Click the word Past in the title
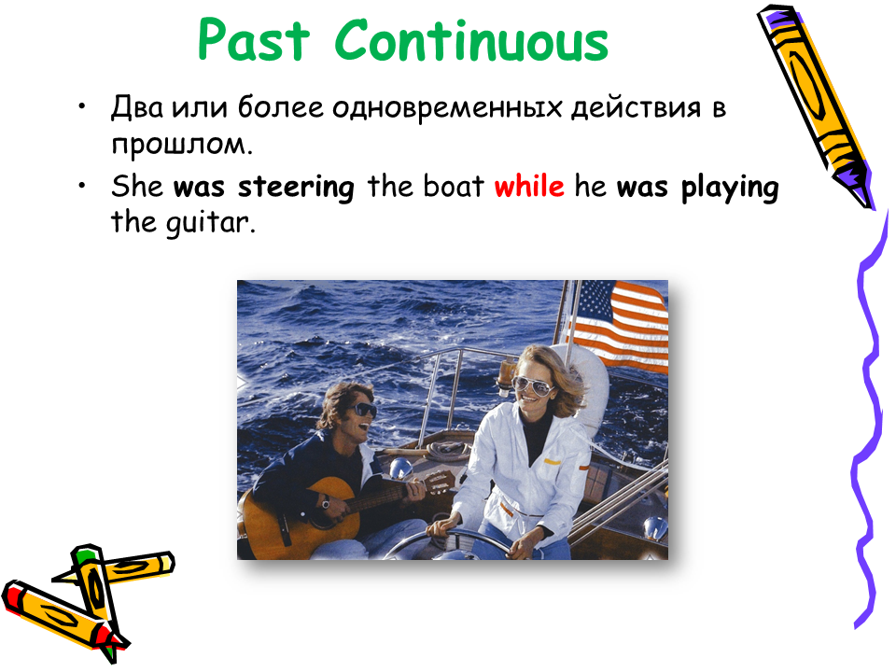(x=254, y=40)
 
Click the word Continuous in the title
(x=471, y=40)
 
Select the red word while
(x=529, y=186)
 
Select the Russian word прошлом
(x=182, y=145)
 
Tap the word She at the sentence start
(x=137, y=186)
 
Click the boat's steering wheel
(x=452, y=545)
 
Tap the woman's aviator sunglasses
(x=533, y=386)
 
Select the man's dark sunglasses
(x=363, y=410)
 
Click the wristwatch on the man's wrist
(x=325, y=503)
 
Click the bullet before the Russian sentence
(x=83, y=106)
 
